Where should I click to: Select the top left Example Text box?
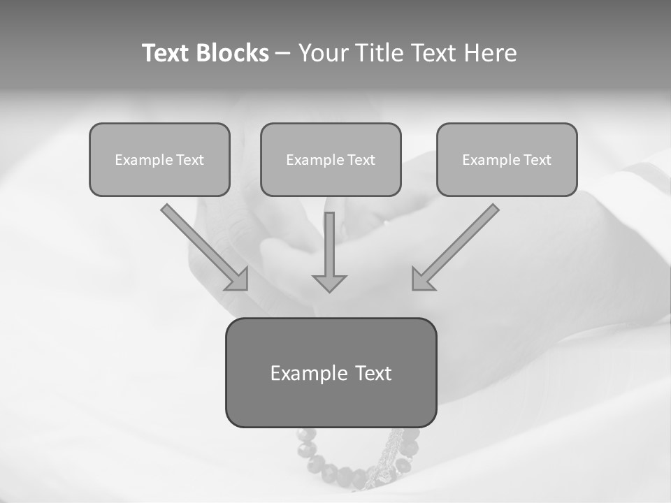click(159, 159)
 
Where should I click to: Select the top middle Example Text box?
click(331, 159)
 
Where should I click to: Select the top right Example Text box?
click(507, 159)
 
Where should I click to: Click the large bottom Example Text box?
click(331, 372)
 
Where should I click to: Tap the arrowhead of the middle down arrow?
click(329, 282)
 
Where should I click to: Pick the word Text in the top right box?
click(537, 160)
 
